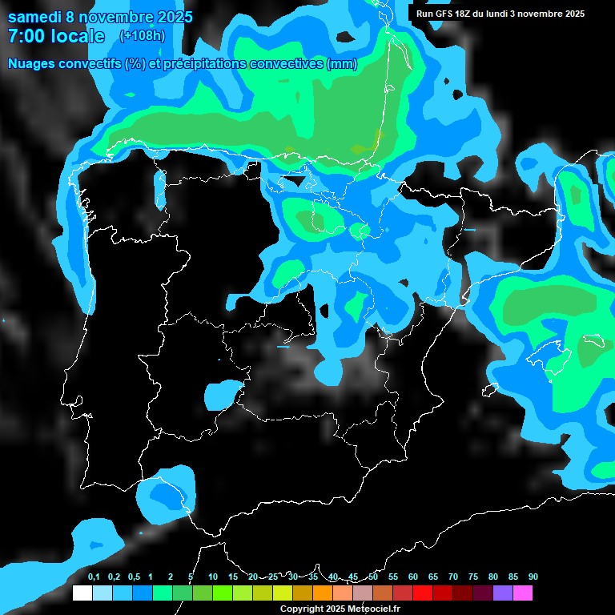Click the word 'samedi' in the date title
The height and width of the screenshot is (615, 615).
tap(34, 17)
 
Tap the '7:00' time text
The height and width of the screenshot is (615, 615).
tap(26, 36)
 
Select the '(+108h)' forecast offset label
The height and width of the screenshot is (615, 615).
tap(142, 35)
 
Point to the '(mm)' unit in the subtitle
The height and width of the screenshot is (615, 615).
tap(342, 64)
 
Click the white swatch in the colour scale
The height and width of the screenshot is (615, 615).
tap(82, 593)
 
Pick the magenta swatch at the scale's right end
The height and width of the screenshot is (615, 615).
tap(523, 593)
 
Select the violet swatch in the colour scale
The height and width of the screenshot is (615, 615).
tap(503, 593)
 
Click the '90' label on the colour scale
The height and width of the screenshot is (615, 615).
tap(533, 577)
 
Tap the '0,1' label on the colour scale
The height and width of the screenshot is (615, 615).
tap(94, 577)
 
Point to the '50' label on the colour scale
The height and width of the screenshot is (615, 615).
tap(373, 577)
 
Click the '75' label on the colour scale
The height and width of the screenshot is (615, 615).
tap(473, 577)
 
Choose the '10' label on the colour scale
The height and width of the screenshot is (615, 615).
tap(212, 577)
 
